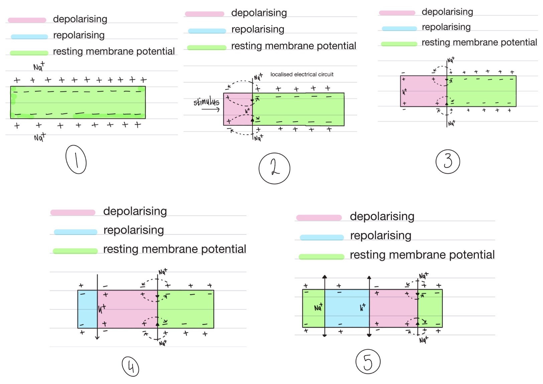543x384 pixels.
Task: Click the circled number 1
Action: [x=76, y=160]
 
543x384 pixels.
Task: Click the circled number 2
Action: [x=274, y=168]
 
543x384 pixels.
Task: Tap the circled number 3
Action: [x=448, y=161]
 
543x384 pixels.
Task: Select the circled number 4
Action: [x=130, y=366]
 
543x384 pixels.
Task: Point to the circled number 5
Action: [x=368, y=362]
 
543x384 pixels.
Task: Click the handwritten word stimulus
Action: [x=206, y=101]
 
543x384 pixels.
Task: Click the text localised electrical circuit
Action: [x=302, y=74]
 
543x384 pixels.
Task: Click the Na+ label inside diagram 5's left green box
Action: [x=318, y=307]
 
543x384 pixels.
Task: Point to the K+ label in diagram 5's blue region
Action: [x=362, y=307]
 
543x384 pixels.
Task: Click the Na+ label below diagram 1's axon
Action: [x=39, y=137]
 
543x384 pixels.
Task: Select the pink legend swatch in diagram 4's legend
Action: [x=73, y=212]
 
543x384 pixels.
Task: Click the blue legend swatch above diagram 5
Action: [x=322, y=237]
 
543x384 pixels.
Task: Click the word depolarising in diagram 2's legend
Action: [x=259, y=13]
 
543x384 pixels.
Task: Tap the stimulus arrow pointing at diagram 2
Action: [x=211, y=109]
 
